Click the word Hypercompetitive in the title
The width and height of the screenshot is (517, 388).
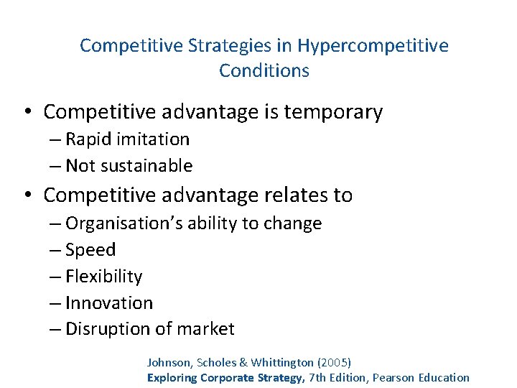coord(373,46)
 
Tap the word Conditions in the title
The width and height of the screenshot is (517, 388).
coord(264,71)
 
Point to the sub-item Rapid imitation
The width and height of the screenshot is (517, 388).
coord(127,139)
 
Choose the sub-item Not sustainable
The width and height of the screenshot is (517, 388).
coord(129,166)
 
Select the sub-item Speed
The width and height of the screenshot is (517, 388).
coord(90,250)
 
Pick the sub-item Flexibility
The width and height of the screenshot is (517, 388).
coord(103,277)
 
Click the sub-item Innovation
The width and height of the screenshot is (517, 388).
coord(108,303)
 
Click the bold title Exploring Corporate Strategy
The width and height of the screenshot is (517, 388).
coord(225,378)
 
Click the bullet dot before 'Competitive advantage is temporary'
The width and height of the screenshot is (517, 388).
coord(27,113)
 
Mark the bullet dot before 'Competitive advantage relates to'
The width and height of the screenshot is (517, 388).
coord(27,195)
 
